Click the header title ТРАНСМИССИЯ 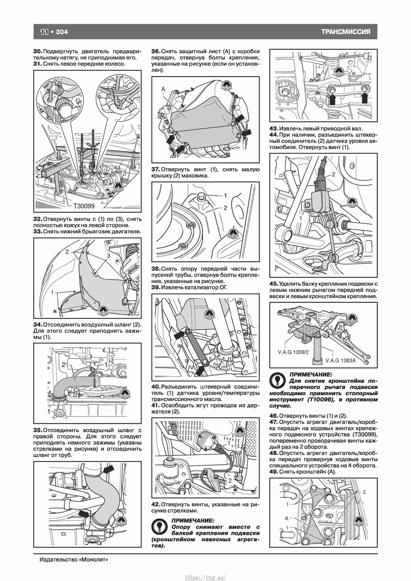tap(346, 32)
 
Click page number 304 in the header tap(62, 32)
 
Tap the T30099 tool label tap(84, 206)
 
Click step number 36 tap(155, 51)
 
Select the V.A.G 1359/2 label tap(293, 352)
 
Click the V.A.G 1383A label tap(340, 360)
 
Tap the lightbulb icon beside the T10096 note tap(278, 381)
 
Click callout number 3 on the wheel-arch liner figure tap(108, 256)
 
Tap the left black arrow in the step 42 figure tap(332, 99)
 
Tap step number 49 tap(274, 472)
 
